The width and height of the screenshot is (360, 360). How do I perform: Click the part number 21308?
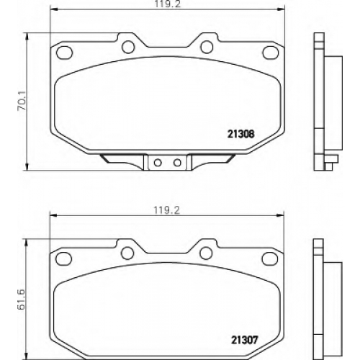pyautogui.click(x=240, y=134)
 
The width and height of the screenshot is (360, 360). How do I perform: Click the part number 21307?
pyautogui.click(x=244, y=340)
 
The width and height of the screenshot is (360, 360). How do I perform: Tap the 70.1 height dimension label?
pyautogui.click(x=22, y=102)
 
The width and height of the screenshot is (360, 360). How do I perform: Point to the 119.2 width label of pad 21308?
pyautogui.click(x=167, y=4)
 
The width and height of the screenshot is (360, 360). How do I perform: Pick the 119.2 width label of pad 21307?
pyautogui.click(x=166, y=210)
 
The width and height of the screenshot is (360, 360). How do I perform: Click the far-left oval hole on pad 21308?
pyautogui.click(x=64, y=53)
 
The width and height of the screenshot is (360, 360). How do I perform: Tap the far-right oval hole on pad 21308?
pyautogui.click(x=271, y=53)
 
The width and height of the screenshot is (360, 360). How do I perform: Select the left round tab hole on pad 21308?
pyautogui.click(x=128, y=47)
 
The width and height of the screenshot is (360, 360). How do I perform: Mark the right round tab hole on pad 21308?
pyautogui.click(x=207, y=47)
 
